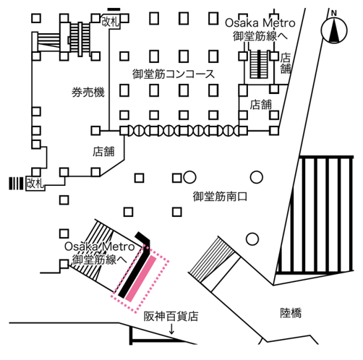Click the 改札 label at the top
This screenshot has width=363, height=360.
coord(110,21)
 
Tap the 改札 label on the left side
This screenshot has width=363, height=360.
coord(35,184)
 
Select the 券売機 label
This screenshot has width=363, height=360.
coord(88,93)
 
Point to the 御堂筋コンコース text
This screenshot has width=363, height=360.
coord(174,74)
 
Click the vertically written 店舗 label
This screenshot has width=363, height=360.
coord(286,64)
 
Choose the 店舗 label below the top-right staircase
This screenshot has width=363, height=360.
coord(260,104)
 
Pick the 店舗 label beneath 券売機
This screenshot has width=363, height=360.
coord(104,152)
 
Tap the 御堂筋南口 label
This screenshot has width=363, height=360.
coord(221,197)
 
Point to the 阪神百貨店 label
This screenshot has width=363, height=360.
coord(171,316)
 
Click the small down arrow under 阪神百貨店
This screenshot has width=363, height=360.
coord(171,330)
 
